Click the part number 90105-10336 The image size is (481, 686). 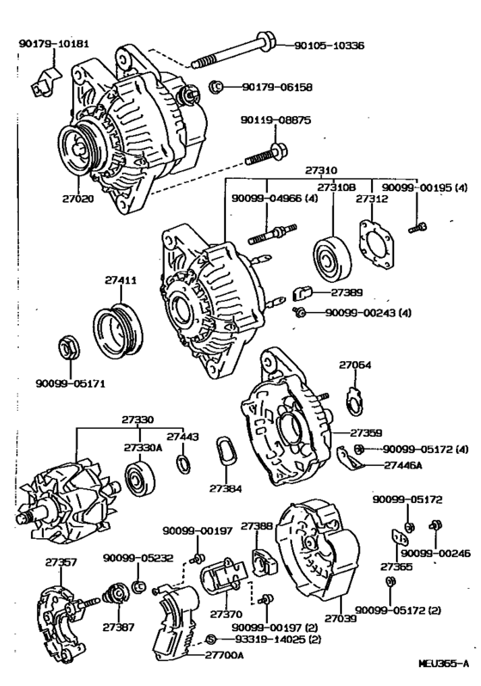click(329, 46)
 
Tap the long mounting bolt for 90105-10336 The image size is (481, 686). click(233, 52)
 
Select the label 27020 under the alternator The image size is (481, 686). click(78, 199)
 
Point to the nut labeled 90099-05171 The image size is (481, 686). click(69, 347)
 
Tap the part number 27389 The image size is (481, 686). click(347, 292)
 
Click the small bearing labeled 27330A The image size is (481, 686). click(140, 479)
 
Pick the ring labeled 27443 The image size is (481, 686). click(183, 464)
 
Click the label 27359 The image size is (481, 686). click(366, 432)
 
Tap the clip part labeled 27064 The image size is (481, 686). click(354, 400)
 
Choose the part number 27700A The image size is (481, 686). click(224, 655)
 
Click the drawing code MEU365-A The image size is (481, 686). click(443, 664)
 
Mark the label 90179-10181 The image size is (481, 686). click(54, 43)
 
